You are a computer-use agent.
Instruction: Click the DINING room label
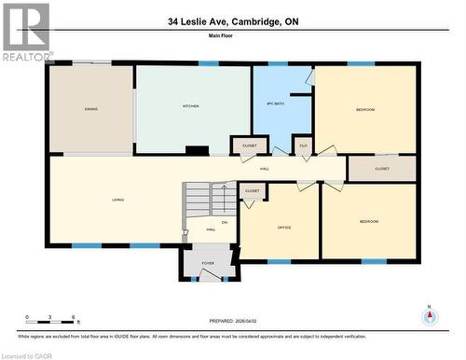[91, 109]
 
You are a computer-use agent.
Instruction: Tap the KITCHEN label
[190, 106]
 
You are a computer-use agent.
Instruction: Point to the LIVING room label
[118, 200]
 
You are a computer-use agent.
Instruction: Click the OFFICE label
[284, 227]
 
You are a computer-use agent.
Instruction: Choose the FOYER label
[207, 263]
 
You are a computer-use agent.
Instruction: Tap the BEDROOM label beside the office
[370, 222]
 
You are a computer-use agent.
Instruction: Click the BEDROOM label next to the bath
[364, 110]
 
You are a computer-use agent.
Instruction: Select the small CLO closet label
[303, 146]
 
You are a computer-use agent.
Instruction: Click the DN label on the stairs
[224, 221]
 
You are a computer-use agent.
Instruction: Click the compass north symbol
[429, 316]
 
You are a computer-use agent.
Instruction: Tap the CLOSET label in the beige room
[381, 169]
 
